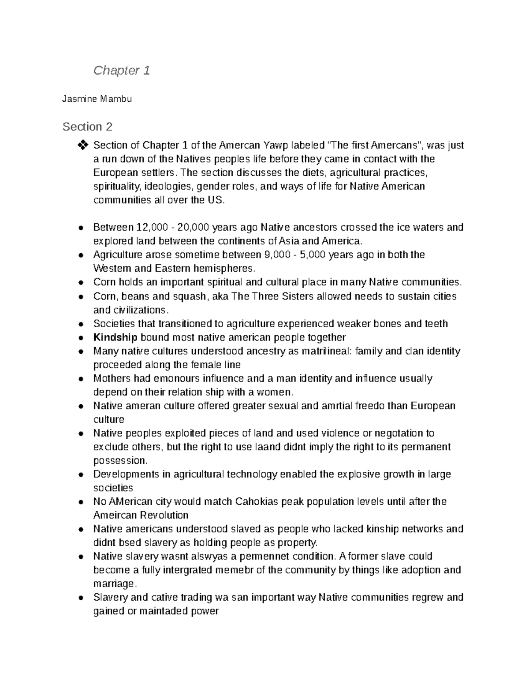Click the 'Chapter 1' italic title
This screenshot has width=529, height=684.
coord(122,70)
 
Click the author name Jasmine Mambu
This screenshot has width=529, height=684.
coord(97,99)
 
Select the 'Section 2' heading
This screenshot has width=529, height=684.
coord(87,127)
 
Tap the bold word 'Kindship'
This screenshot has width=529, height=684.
coord(115,337)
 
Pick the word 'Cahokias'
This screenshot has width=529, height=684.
coord(257,502)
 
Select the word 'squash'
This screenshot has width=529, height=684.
coord(190,296)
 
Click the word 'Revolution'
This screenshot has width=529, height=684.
coord(164,515)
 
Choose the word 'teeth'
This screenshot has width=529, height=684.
coord(436,324)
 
